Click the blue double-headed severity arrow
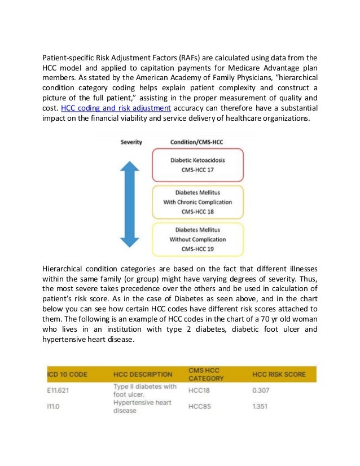130,204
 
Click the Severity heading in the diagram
131,142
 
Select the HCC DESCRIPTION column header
143,375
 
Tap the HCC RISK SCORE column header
279,375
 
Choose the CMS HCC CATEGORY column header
206,374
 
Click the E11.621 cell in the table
59,390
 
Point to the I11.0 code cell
54,406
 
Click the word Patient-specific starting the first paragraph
64,57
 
